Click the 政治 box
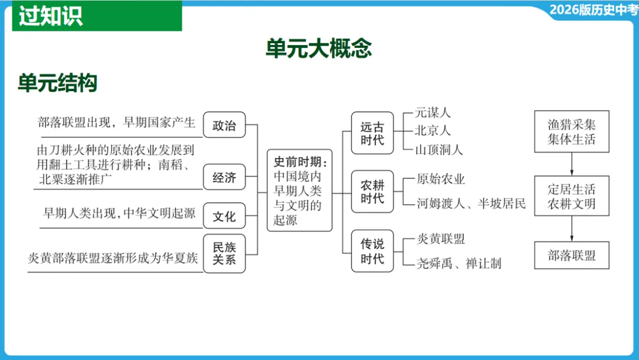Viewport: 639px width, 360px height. pyautogui.click(x=224, y=126)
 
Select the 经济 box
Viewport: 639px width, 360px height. pyautogui.click(x=224, y=177)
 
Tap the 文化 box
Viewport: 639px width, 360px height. pyautogui.click(x=224, y=216)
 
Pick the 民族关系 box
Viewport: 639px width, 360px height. pyautogui.click(x=224, y=253)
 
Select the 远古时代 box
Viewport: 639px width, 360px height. pyautogui.click(x=372, y=133)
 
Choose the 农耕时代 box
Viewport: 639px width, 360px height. pyautogui.click(x=372, y=192)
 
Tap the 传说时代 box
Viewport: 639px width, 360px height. pyautogui.click(x=372, y=251)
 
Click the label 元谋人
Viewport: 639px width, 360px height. pyautogui.click(x=433, y=112)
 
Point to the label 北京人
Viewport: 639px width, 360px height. pyautogui.click(x=433, y=130)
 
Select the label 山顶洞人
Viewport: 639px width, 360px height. pyautogui.click(x=438, y=149)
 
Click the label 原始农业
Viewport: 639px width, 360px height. pyautogui.click(x=441, y=179)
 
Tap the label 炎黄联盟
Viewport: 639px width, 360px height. pyautogui.click(x=441, y=239)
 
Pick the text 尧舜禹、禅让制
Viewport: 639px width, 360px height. pyautogui.click(x=459, y=263)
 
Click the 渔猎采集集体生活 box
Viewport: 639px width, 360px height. pyautogui.click(x=572, y=132)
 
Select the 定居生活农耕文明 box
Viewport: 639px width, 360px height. pyautogui.click(x=572, y=197)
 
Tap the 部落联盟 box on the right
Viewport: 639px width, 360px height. pyautogui.click(x=572, y=256)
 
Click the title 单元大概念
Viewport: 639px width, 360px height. pyautogui.click(x=318, y=49)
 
